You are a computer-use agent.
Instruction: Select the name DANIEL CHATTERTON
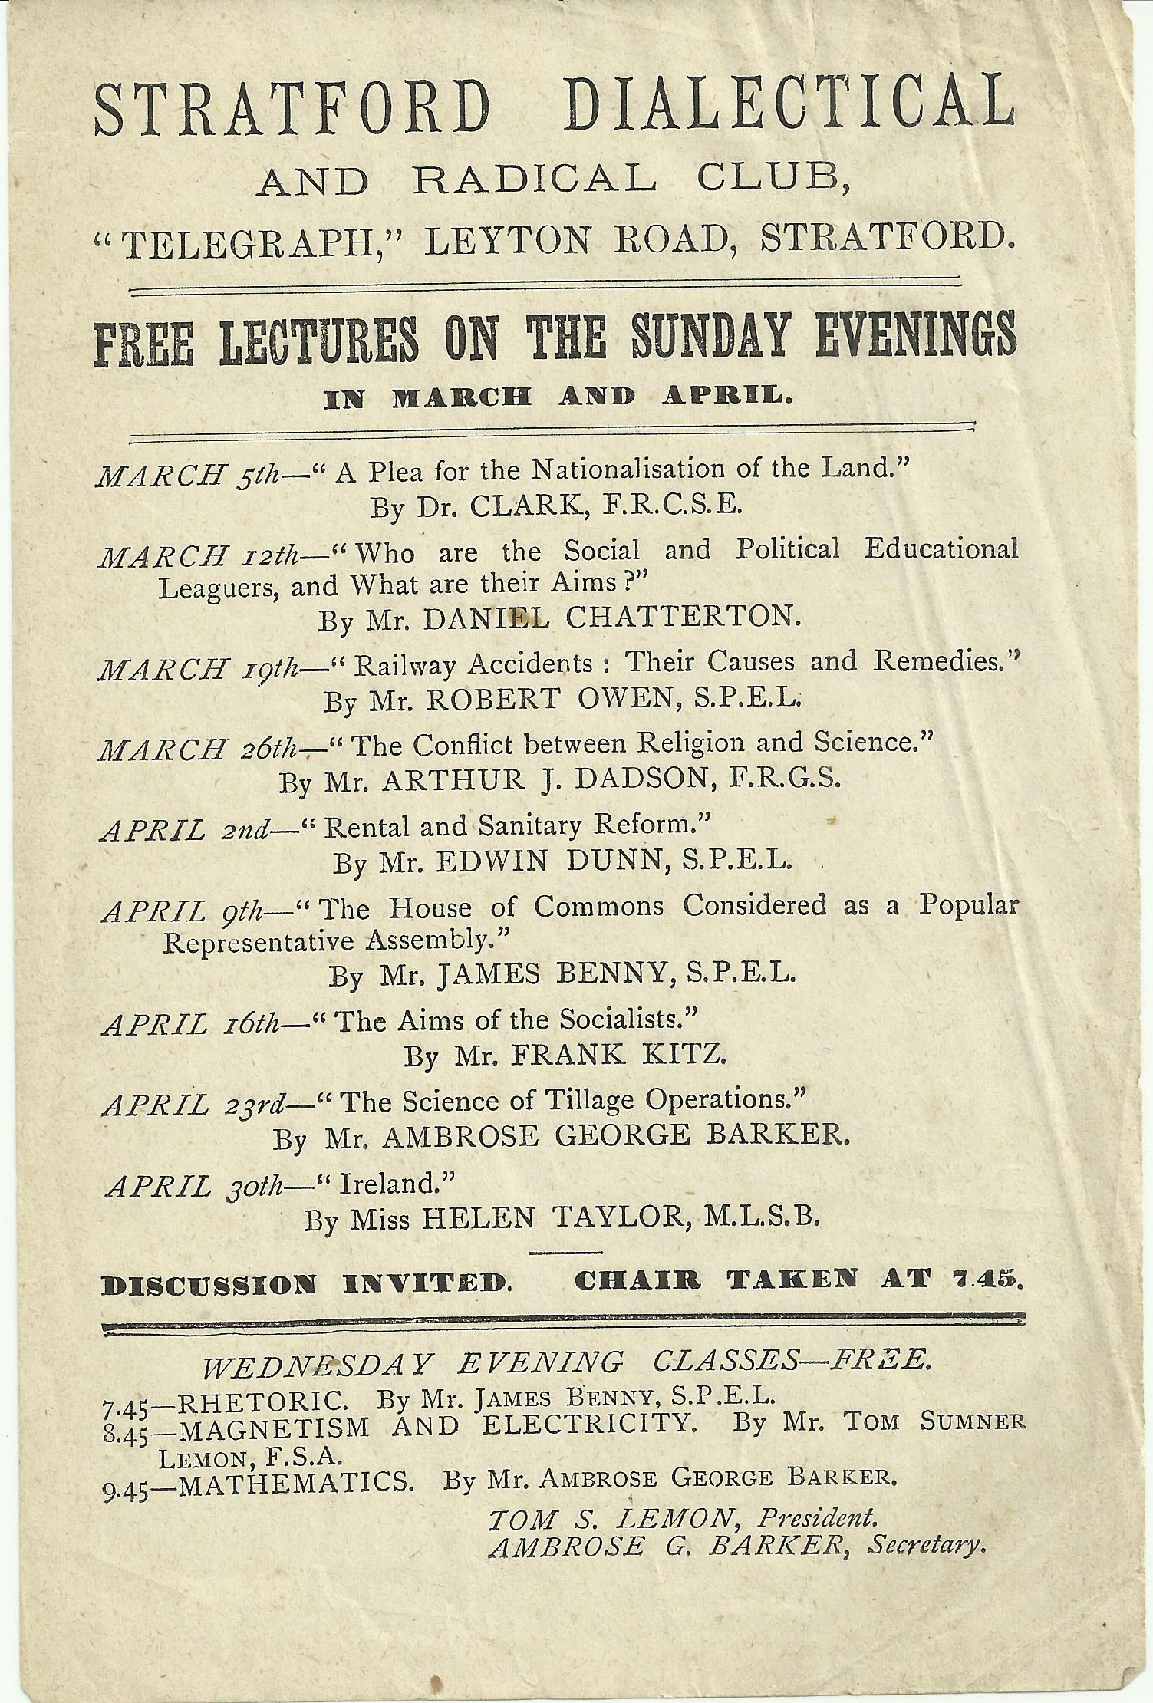coord(607,619)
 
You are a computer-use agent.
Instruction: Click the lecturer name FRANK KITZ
coord(618,1056)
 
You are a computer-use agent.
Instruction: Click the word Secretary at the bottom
coord(925,1545)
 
